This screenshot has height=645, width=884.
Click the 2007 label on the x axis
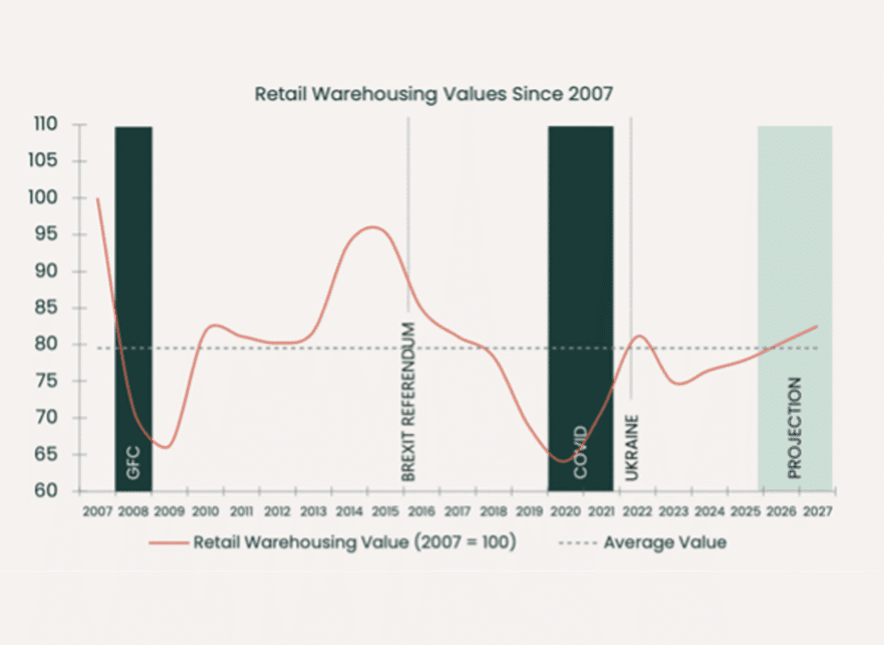pyautogui.click(x=97, y=512)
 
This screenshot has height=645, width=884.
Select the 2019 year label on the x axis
pyautogui.click(x=529, y=512)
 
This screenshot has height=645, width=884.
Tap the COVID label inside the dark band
pyautogui.click(x=580, y=452)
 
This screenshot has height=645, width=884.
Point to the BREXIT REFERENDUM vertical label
pyautogui.click(x=410, y=402)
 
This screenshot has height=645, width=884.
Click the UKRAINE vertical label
pyautogui.click(x=632, y=448)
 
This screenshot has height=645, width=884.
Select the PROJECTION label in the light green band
pyautogui.click(x=795, y=428)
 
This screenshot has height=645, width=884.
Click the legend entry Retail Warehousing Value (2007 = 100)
pyautogui.click(x=354, y=542)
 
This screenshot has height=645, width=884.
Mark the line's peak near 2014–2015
pyautogui.click(x=371, y=227)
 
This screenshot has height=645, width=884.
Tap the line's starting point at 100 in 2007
pyautogui.click(x=97, y=198)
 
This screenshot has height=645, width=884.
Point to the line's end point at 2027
pyautogui.click(x=817, y=326)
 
